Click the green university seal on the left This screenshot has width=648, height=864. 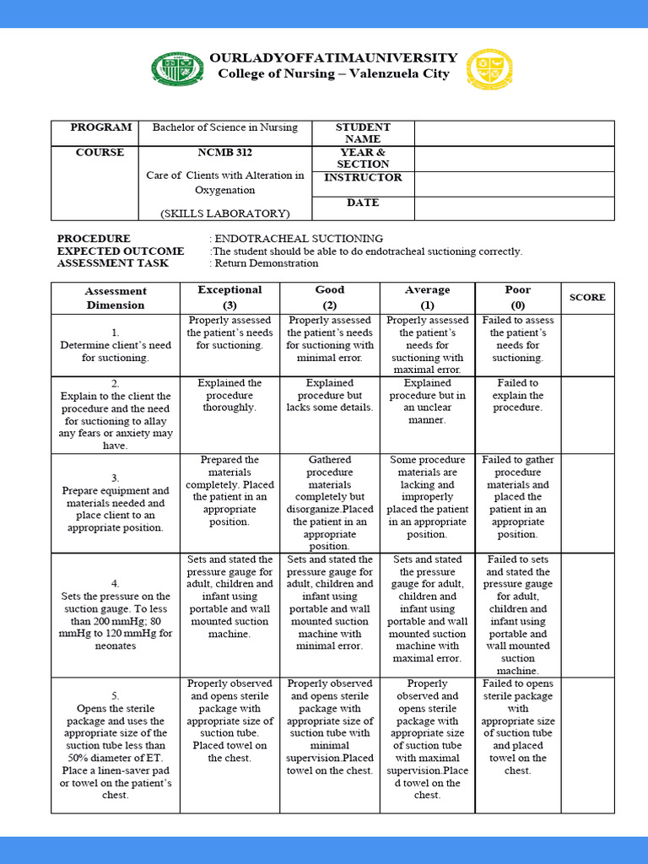pos(176,69)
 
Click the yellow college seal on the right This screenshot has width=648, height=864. pos(489,69)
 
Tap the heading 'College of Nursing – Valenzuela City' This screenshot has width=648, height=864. pos(333,74)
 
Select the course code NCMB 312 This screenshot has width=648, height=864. pos(224,153)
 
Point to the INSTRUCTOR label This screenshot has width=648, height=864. pos(363,178)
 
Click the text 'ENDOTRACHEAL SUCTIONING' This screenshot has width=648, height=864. pos(299,239)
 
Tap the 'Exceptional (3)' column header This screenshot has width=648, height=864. pos(229,297)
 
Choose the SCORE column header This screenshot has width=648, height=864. pos(587,298)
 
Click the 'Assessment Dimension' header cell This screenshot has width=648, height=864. pos(116,298)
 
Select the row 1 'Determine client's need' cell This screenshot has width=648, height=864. pos(116,345)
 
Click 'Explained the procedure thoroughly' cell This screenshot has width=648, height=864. pos(229,396)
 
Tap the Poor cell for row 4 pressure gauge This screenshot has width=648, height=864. pos(517,615)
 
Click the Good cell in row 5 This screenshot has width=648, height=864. pos(329,727)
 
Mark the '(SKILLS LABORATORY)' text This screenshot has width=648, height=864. pos(224,213)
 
